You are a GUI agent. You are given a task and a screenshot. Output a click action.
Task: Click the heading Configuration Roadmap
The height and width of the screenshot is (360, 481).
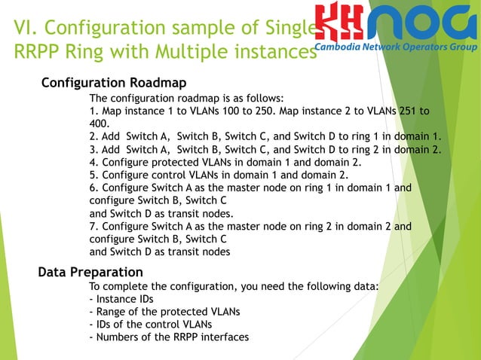[114, 81]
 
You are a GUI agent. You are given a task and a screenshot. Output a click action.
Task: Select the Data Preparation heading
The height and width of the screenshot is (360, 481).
[90, 272]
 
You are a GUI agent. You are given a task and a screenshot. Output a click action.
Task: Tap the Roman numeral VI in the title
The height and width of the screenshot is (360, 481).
[27, 29]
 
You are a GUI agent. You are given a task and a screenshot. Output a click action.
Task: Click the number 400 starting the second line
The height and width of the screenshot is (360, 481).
[99, 124]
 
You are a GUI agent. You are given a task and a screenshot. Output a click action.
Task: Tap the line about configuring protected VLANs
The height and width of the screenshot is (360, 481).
[225, 162]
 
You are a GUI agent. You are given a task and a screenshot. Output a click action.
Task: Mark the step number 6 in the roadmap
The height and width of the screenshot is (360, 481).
[93, 188]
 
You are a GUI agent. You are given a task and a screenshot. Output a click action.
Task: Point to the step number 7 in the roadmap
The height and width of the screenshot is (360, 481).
[93, 226]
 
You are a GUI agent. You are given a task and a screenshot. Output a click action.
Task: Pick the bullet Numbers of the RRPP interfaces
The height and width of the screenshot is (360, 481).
[168, 337]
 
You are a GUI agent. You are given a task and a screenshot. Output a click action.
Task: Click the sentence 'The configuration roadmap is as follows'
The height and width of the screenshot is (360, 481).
[186, 99]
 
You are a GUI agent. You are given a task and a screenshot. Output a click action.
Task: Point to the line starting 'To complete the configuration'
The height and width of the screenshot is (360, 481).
[234, 287]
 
